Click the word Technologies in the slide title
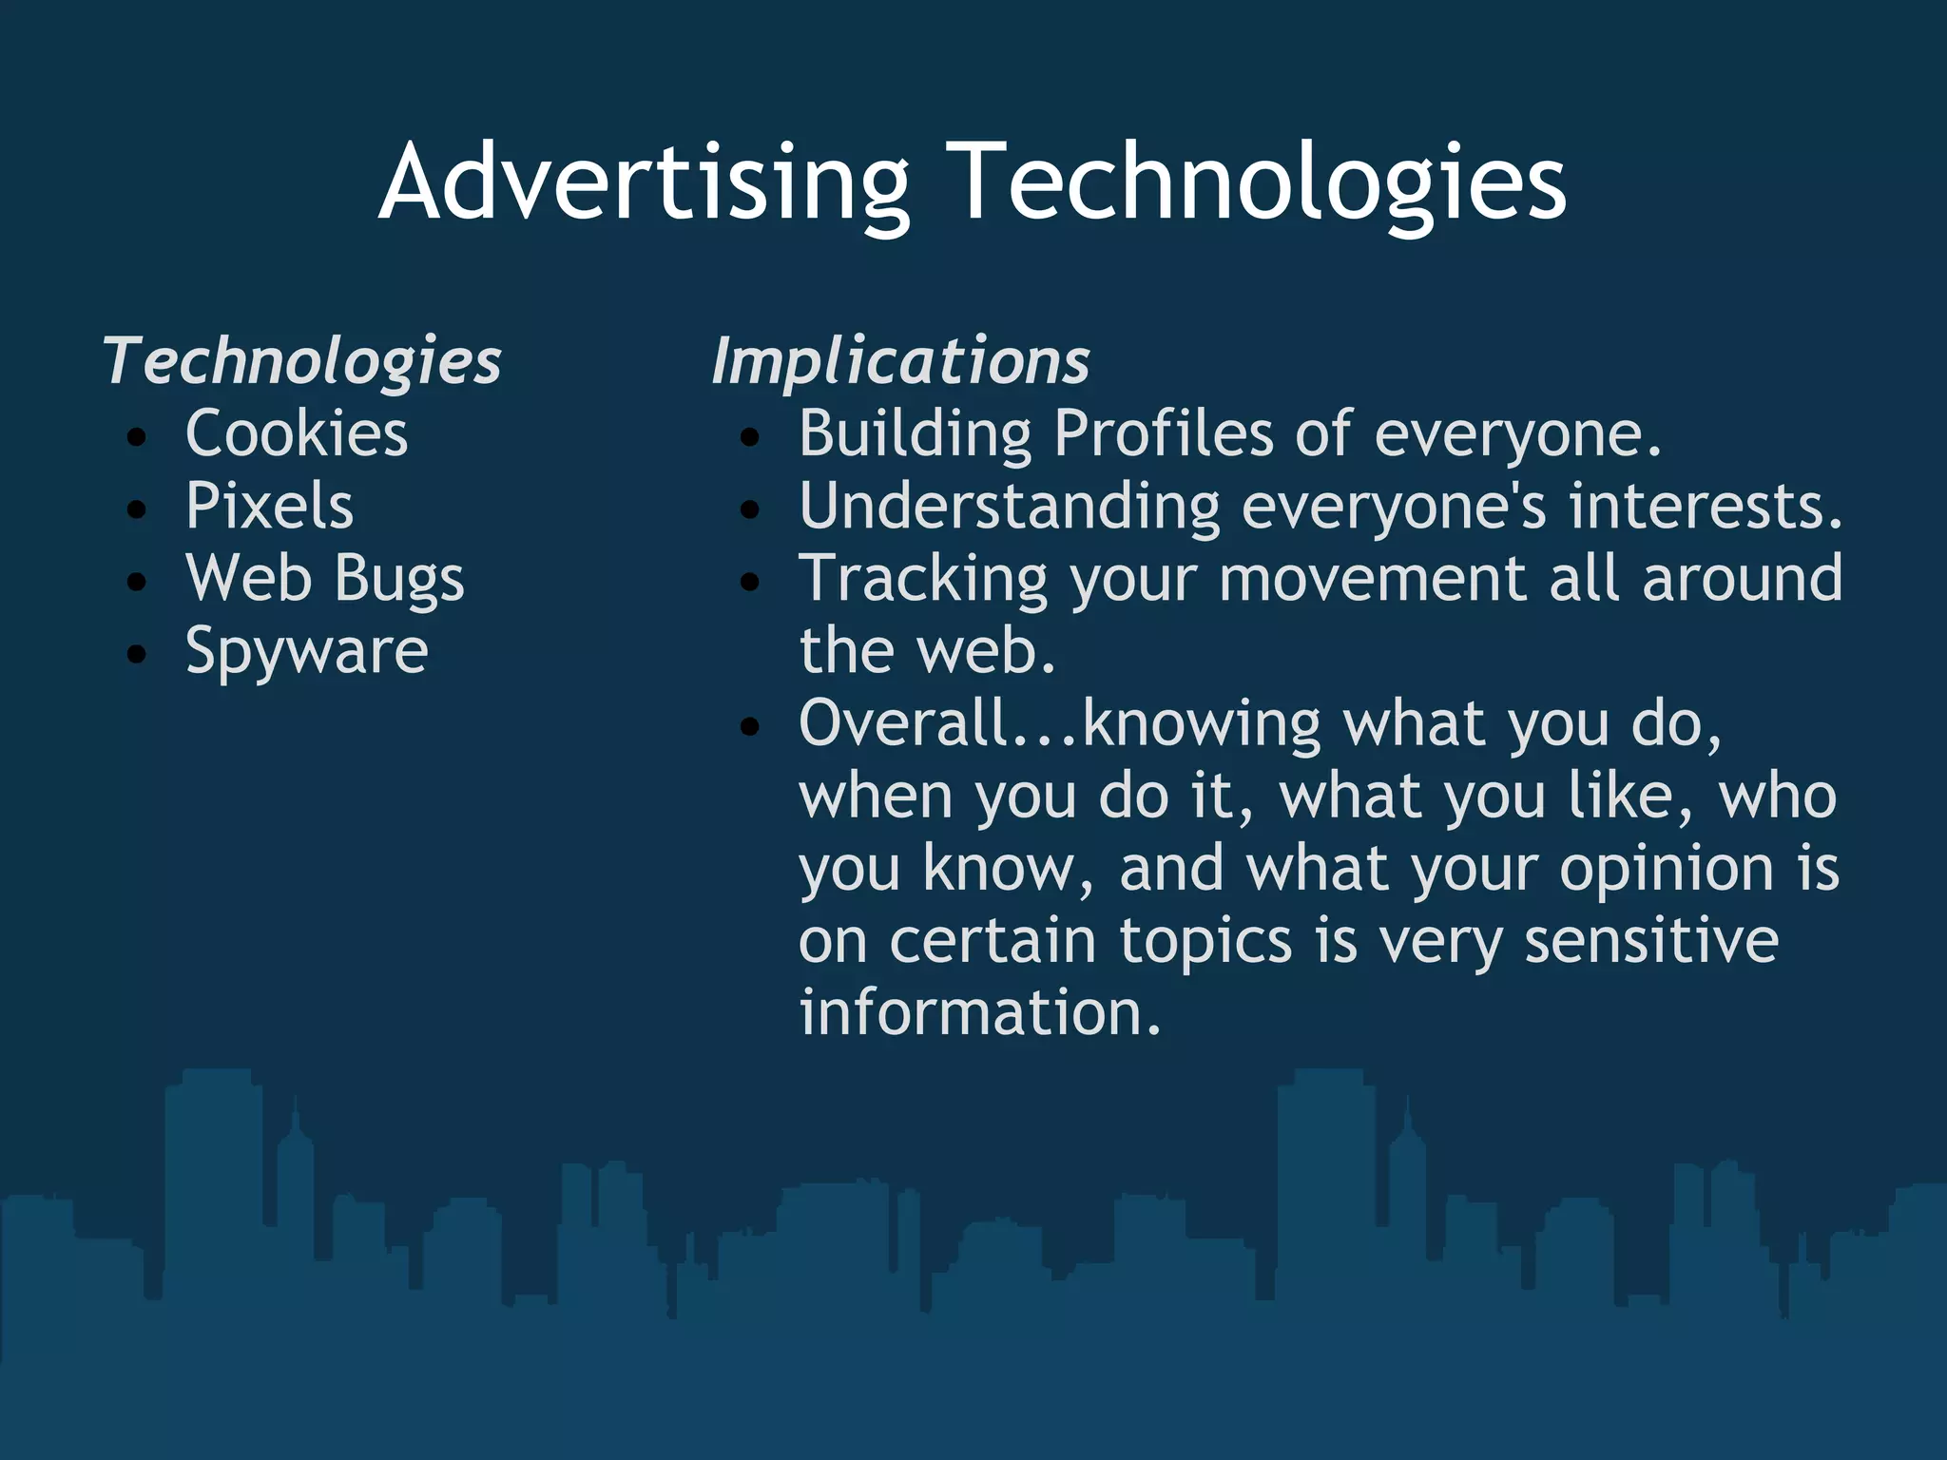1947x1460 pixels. [x=1259, y=182]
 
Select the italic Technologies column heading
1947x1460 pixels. [x=302, y=361]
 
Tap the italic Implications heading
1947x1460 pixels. [x=900, y=361]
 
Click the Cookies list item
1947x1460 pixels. [x=297, y=433]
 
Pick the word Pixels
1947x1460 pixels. [x=269, y=506]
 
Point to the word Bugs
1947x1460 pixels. [x=399, y=578]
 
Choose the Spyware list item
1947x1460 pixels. [x=306, y=652]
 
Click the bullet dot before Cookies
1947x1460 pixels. [x=137, y=437]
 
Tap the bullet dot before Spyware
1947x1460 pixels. [x=137, y=654]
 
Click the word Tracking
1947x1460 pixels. [x=923, y=578]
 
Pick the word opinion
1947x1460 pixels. [x=1666, y=869]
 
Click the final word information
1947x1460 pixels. [x=979, y=1012]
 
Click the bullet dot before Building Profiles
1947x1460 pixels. [x=750, y=437]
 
